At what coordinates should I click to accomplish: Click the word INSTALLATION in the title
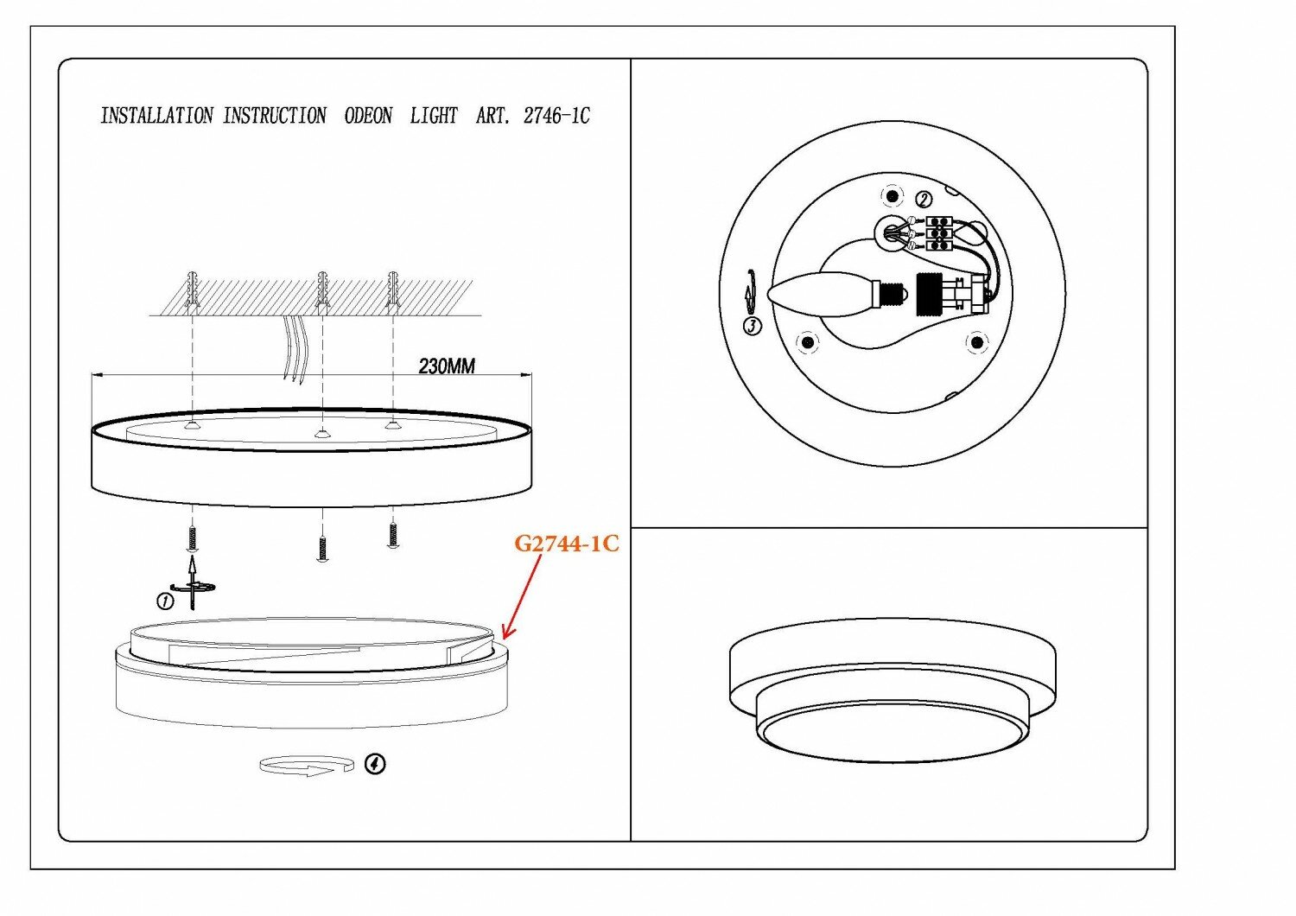click(156, 116)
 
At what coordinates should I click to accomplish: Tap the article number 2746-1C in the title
click(556, 116)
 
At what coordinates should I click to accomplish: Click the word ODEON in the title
click(368, 116)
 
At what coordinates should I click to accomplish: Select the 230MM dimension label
click(447, 366)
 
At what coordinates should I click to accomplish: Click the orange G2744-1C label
click(567, 544)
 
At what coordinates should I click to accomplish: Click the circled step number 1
click(163, 601)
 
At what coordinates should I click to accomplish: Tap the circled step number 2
click(924, 200)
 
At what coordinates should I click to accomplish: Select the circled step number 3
click(753, 326)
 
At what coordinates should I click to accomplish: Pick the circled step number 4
click(375, 764)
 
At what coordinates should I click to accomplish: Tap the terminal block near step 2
click(938, 232)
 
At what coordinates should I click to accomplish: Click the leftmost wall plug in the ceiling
click(192, 289)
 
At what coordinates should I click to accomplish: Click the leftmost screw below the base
click(192, 538)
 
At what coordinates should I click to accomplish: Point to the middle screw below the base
click(322, 548)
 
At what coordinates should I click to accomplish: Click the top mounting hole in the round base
click(892, 196)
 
